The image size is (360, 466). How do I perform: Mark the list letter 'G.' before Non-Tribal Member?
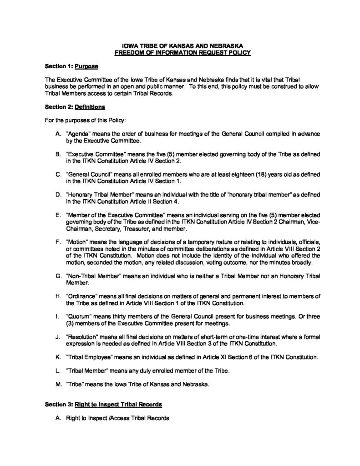57,276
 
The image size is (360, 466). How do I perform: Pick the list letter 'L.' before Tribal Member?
57,371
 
